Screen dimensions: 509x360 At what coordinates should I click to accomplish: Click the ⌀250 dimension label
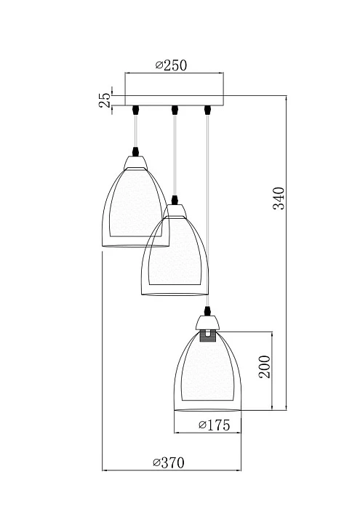click(x=172, y=65)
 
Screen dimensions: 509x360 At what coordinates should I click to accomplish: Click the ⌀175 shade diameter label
click(x=215, y=425)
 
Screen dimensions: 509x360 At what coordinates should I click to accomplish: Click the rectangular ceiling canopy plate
click(x=175, y=100)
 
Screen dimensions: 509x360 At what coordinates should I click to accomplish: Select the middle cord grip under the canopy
click(x=175, y=111)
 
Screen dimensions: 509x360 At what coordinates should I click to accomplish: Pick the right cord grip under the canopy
click(x=209, y=111)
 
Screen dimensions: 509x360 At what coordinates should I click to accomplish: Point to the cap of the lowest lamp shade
click(x=209, y=321)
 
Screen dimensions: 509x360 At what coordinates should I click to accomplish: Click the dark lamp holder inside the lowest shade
click(x=209, y=335)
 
